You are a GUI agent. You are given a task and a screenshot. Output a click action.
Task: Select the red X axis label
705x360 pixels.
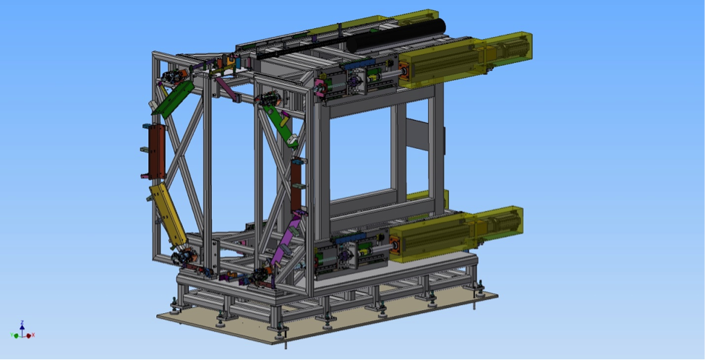coord(33,335)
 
